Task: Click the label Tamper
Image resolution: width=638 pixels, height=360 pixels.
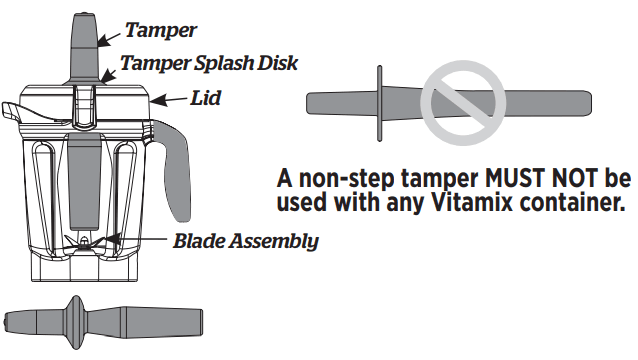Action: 160,31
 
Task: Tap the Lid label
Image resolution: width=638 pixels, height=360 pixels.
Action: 206,99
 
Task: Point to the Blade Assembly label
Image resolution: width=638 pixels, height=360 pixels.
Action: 246,240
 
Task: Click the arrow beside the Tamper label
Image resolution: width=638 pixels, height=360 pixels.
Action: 113,36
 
